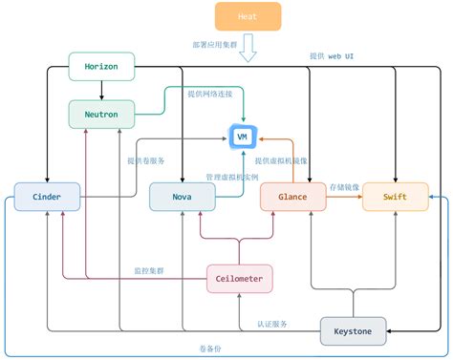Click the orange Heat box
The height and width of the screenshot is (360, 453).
[248, 16]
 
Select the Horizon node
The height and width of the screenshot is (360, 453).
[101, 67]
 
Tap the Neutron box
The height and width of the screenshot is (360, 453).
[101, 114]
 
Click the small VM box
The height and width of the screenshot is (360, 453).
[243, 138]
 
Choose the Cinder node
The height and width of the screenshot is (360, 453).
[47, 197]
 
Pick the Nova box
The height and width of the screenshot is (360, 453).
[182, 197]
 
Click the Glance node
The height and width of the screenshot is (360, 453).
[292, 197]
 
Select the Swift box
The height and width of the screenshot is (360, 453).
[395, 197]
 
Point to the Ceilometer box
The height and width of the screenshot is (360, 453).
[240, 278]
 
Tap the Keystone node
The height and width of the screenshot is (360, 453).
[353, 330]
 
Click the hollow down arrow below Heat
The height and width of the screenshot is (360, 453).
[248, 48]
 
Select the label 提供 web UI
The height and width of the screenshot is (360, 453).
[333, 57]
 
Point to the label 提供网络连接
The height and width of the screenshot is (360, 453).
[209, 95]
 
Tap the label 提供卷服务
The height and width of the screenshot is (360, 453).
[146, 160]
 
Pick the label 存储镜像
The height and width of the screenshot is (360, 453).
[344, 187]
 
